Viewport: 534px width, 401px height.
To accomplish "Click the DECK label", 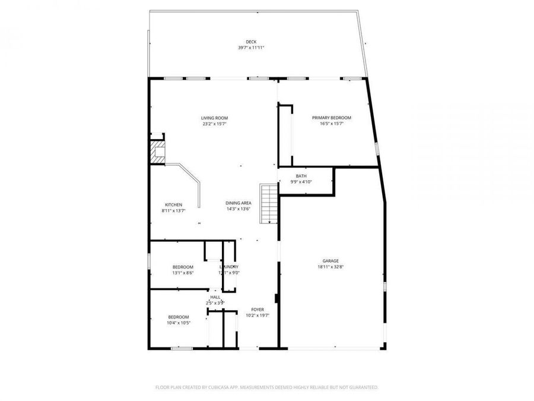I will coord(252,42).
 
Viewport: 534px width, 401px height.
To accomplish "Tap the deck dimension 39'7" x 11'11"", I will coord(252,48).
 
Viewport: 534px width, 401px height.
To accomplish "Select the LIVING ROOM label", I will coord(214,118).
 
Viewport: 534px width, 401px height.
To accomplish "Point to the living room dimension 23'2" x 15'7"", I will coord(214,124).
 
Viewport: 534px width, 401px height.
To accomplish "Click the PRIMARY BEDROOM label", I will coord(332,118).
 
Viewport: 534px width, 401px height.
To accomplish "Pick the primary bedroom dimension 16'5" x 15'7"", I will coord(332,124).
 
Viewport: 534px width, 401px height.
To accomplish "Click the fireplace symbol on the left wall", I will coord(158,151).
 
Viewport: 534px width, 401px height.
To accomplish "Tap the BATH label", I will coord(301,176).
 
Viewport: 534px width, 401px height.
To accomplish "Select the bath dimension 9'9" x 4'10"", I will coord(301,182).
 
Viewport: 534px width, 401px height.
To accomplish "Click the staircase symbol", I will coord(269,203).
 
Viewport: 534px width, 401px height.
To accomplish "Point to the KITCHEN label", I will coord(173,204).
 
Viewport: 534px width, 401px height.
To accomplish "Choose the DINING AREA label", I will coord(239,203).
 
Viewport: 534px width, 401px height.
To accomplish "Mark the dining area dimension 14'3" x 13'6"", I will coord(239,209).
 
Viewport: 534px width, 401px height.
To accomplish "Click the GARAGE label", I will coord(330,261).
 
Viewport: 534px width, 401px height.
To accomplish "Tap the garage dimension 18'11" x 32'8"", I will coord(330,267).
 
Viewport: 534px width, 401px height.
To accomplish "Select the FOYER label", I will coord(258,310).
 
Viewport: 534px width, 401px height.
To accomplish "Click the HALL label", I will coord(215,297).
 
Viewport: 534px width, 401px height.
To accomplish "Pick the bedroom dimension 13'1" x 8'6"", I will coord(183,273).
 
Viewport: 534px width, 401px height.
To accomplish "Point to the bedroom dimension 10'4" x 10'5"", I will coord(178,323).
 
